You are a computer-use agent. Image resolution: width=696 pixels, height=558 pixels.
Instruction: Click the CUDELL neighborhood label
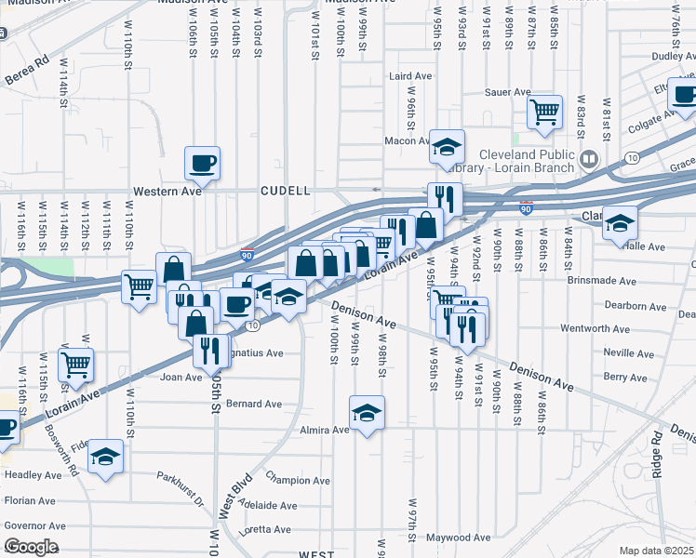click(x=285, y=190)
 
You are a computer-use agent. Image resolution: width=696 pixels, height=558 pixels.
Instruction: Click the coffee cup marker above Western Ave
click(x=202, y=165)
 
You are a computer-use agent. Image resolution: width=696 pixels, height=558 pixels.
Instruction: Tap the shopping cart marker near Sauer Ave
click(x=545, y=112)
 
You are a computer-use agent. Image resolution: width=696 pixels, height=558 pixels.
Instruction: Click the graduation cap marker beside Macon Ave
click(x=447, y=146)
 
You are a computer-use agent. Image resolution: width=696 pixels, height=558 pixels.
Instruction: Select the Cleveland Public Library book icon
click(x=588, y=159)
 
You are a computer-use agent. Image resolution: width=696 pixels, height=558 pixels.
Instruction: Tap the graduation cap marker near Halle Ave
click(x=620, y=224)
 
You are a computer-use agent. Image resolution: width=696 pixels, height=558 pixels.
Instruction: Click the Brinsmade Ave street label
click(x=604, y=281)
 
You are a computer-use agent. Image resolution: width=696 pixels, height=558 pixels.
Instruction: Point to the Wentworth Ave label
click(x=596, y=328)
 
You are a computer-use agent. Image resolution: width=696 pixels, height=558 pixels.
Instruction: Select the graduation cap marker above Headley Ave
click(x=105, y=457)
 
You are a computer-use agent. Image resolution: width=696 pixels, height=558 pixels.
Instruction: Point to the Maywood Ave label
click(x=458, y=538)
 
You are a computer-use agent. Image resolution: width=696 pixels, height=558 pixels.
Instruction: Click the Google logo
click(x=31, y=547)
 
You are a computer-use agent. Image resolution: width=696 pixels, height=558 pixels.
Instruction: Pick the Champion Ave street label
click(x=298, y=481)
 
